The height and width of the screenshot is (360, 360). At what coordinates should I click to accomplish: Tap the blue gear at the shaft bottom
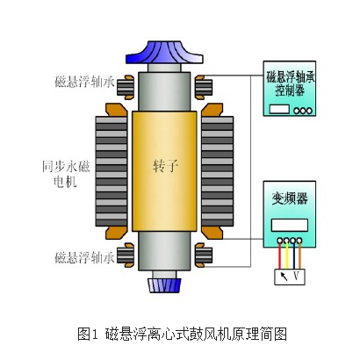(164, 285)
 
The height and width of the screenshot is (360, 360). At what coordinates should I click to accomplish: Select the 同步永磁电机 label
(66, 175)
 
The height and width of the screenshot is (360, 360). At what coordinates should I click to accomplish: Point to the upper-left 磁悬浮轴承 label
(84, 82)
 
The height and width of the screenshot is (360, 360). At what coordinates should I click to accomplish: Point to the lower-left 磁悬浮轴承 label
(84, 257)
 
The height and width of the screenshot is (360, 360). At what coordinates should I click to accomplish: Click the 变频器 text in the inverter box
(290, 198)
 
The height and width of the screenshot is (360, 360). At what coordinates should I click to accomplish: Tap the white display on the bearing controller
(279, 109)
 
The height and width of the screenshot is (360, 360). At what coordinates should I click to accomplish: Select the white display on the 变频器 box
(290, 225)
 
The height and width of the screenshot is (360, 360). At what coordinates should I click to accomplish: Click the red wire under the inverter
(280, 256)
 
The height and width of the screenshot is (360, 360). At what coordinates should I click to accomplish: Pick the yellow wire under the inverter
(287, 256)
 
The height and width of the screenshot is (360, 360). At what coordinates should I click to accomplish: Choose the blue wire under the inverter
(293, 256)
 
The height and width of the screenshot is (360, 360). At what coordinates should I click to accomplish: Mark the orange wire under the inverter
(299, 256)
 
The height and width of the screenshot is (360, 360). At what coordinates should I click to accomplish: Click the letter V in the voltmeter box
(296, 276)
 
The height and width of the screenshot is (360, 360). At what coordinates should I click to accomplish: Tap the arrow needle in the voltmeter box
(284, 277)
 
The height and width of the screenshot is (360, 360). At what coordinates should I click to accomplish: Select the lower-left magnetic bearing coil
(126, 255)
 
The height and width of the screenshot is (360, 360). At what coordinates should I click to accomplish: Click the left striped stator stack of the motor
(112, 171)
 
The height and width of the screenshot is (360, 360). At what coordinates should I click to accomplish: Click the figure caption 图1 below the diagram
(87, 334)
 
